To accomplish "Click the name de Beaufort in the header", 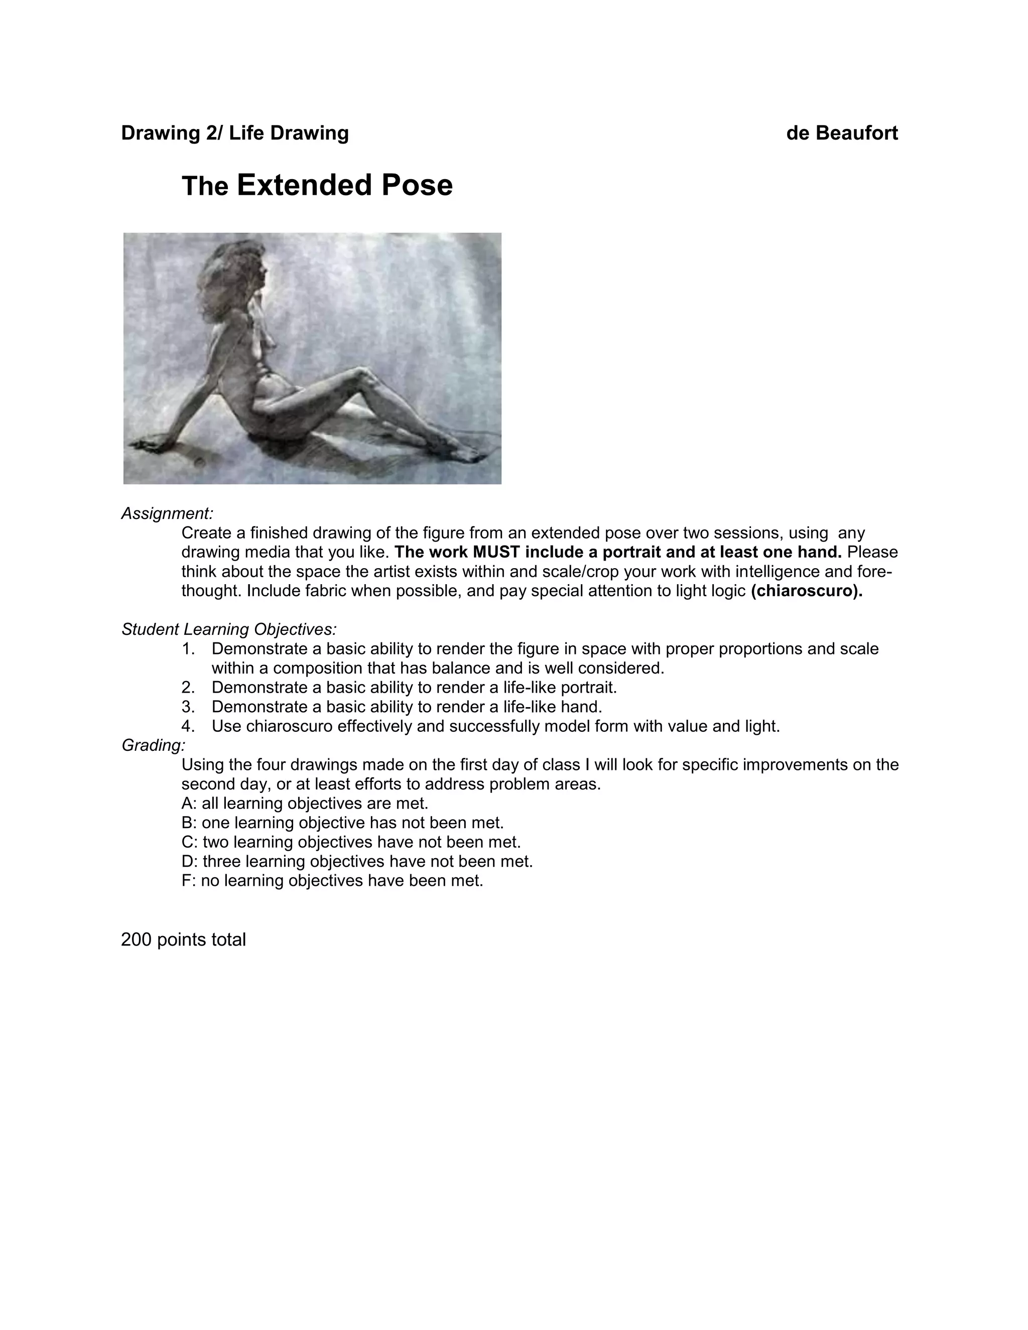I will pyautogui.click(x=842, y=133).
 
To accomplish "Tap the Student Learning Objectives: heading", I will pyautogui.click(x=229, y=629).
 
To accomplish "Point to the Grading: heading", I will pyautogui.click(x=154, y=745).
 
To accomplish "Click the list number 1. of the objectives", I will pyautogui.click(x=188, y=648).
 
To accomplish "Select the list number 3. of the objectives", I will pyautogui.click(x=188, y=707).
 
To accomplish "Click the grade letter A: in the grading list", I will pyautogui.click(x=189, y=803).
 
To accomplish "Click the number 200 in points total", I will pyautogui.click(x=137, y=940).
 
